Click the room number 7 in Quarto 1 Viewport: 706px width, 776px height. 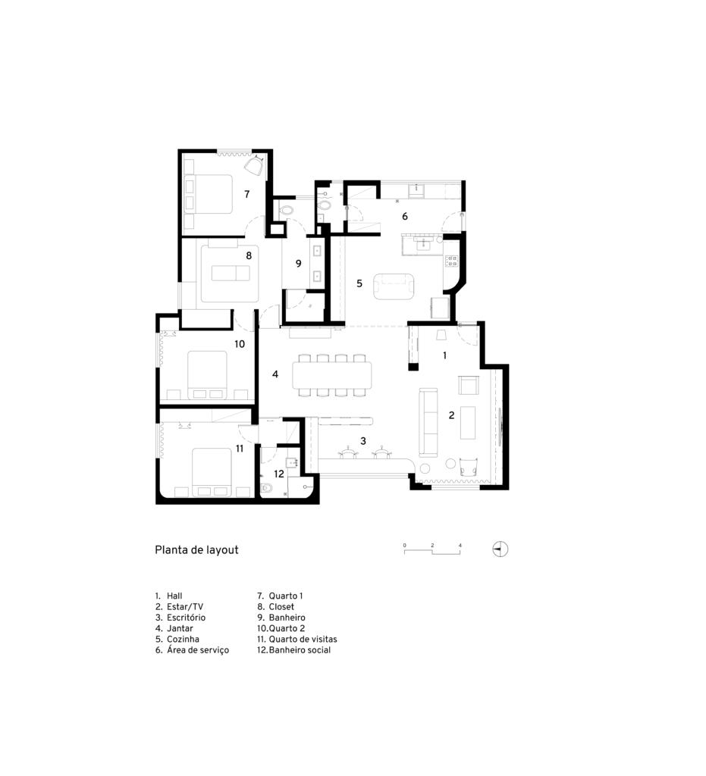click(x=247, y=195)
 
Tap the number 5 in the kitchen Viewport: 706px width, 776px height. click(x=359, y=283)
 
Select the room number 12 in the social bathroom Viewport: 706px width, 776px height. click(x=279, y=474)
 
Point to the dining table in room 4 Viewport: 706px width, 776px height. click(x=332, y=375)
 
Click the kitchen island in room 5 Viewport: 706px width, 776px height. click(x=394, y=286)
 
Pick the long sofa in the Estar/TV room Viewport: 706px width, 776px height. click(x=428, y=422)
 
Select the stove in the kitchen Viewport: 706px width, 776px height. click(x=451, y=261)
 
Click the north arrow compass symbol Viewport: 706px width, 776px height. click(x=500, y=549)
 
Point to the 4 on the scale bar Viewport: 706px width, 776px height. click(x=460, y=546)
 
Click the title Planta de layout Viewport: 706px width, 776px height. click(x=196, y=550)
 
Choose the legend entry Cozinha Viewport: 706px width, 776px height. click(x=177, y=639)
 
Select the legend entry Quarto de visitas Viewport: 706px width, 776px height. click(x=297, y=639)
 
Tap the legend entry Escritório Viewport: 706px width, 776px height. click(x=180, y=618)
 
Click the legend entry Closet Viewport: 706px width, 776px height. click(x=276, y=607)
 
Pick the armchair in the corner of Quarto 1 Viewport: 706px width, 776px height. click(x=255, y=166)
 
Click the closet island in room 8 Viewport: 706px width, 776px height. click(x=231, y=273)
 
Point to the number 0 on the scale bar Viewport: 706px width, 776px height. click(x=404, y=546)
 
